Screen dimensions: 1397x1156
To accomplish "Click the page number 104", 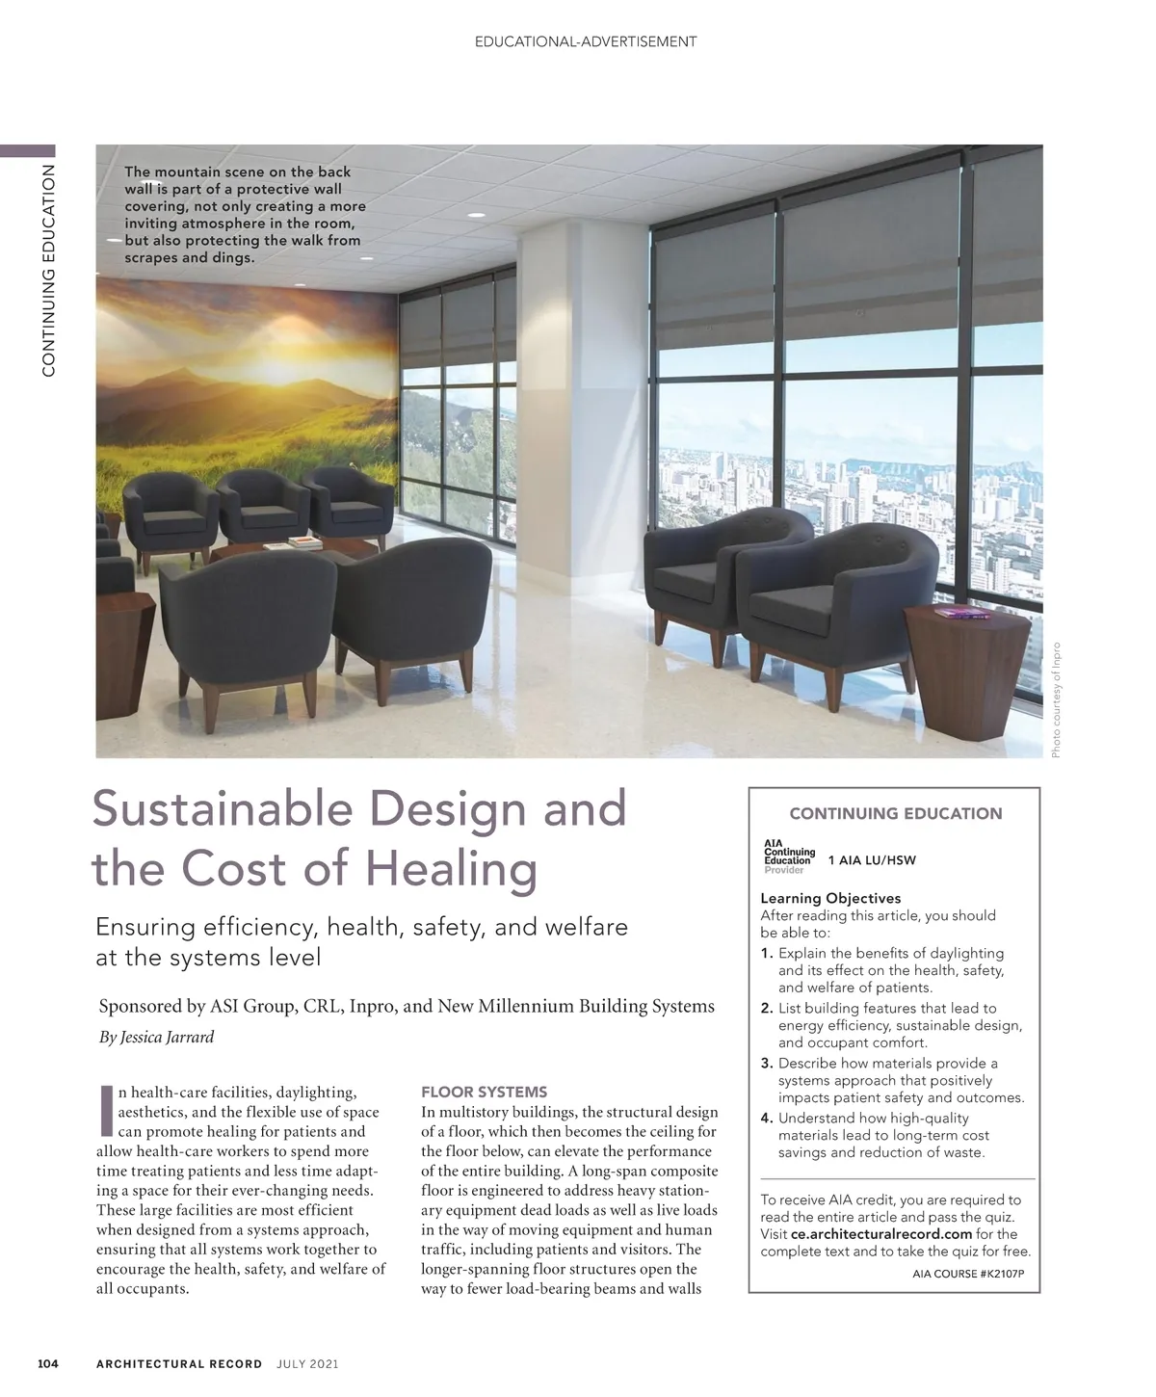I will pyautogui.click(x=48, y=1363).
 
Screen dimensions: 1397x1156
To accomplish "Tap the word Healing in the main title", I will pyautogui.click(x=453, y=870).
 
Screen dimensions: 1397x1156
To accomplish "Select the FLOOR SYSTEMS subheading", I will pyautogui.click(x=485, y=1092).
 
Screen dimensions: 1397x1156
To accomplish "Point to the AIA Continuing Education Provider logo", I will pyautogui.click(x=789, y=857).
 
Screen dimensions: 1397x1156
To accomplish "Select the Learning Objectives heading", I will pyautogui.click(x=830, y=898).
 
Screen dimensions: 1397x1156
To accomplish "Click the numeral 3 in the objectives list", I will pyautogui.click(x=767, y=1064).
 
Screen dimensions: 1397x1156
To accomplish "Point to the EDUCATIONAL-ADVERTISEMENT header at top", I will pyautogui.click(x=586, y=41).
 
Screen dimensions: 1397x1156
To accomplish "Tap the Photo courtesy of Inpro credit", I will pyautogui.click(x=1056, y=699).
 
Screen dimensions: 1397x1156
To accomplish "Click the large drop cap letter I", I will pyautogui.click(x=106, y=1111).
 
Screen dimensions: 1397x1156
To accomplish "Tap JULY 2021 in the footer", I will pyautogui.click(x=307, y=1363).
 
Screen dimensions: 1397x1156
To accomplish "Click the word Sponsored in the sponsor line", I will pyautogui.click(x=141, y=1007).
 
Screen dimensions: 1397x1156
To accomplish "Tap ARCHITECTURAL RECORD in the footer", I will pyautogui.click(x=179, y=1363).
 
